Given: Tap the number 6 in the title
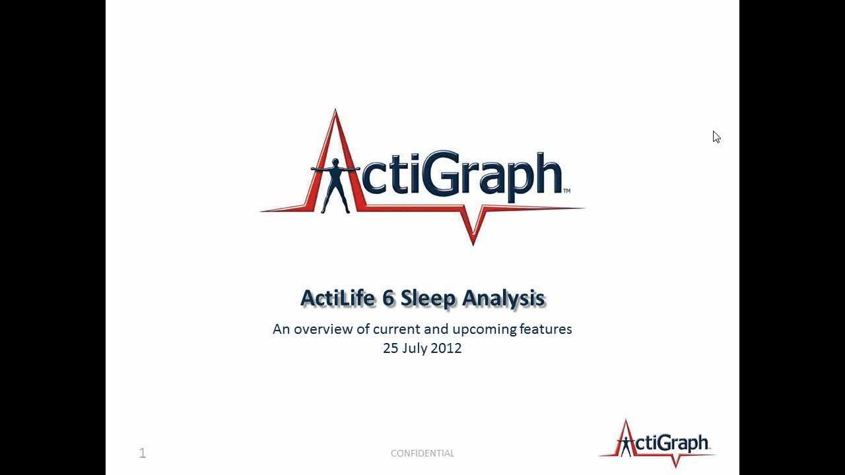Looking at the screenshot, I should [389, 298].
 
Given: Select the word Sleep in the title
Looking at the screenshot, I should [428, 298].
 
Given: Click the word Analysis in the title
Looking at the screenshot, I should [503, 298].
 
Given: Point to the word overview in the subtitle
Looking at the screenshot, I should [323, 329].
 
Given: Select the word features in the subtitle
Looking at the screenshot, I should [545, 329].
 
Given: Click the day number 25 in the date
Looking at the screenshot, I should [391, 348].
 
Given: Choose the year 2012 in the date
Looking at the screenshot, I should [446, 348].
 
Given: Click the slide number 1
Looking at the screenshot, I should [143, 453].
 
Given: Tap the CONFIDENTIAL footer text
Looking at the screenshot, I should [422, 453].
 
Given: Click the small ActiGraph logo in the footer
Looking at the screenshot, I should [657, 443].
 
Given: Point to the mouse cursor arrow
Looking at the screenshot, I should [716, 137].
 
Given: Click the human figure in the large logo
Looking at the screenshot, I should [336, 185].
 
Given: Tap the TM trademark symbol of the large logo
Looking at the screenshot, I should [566, 191].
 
